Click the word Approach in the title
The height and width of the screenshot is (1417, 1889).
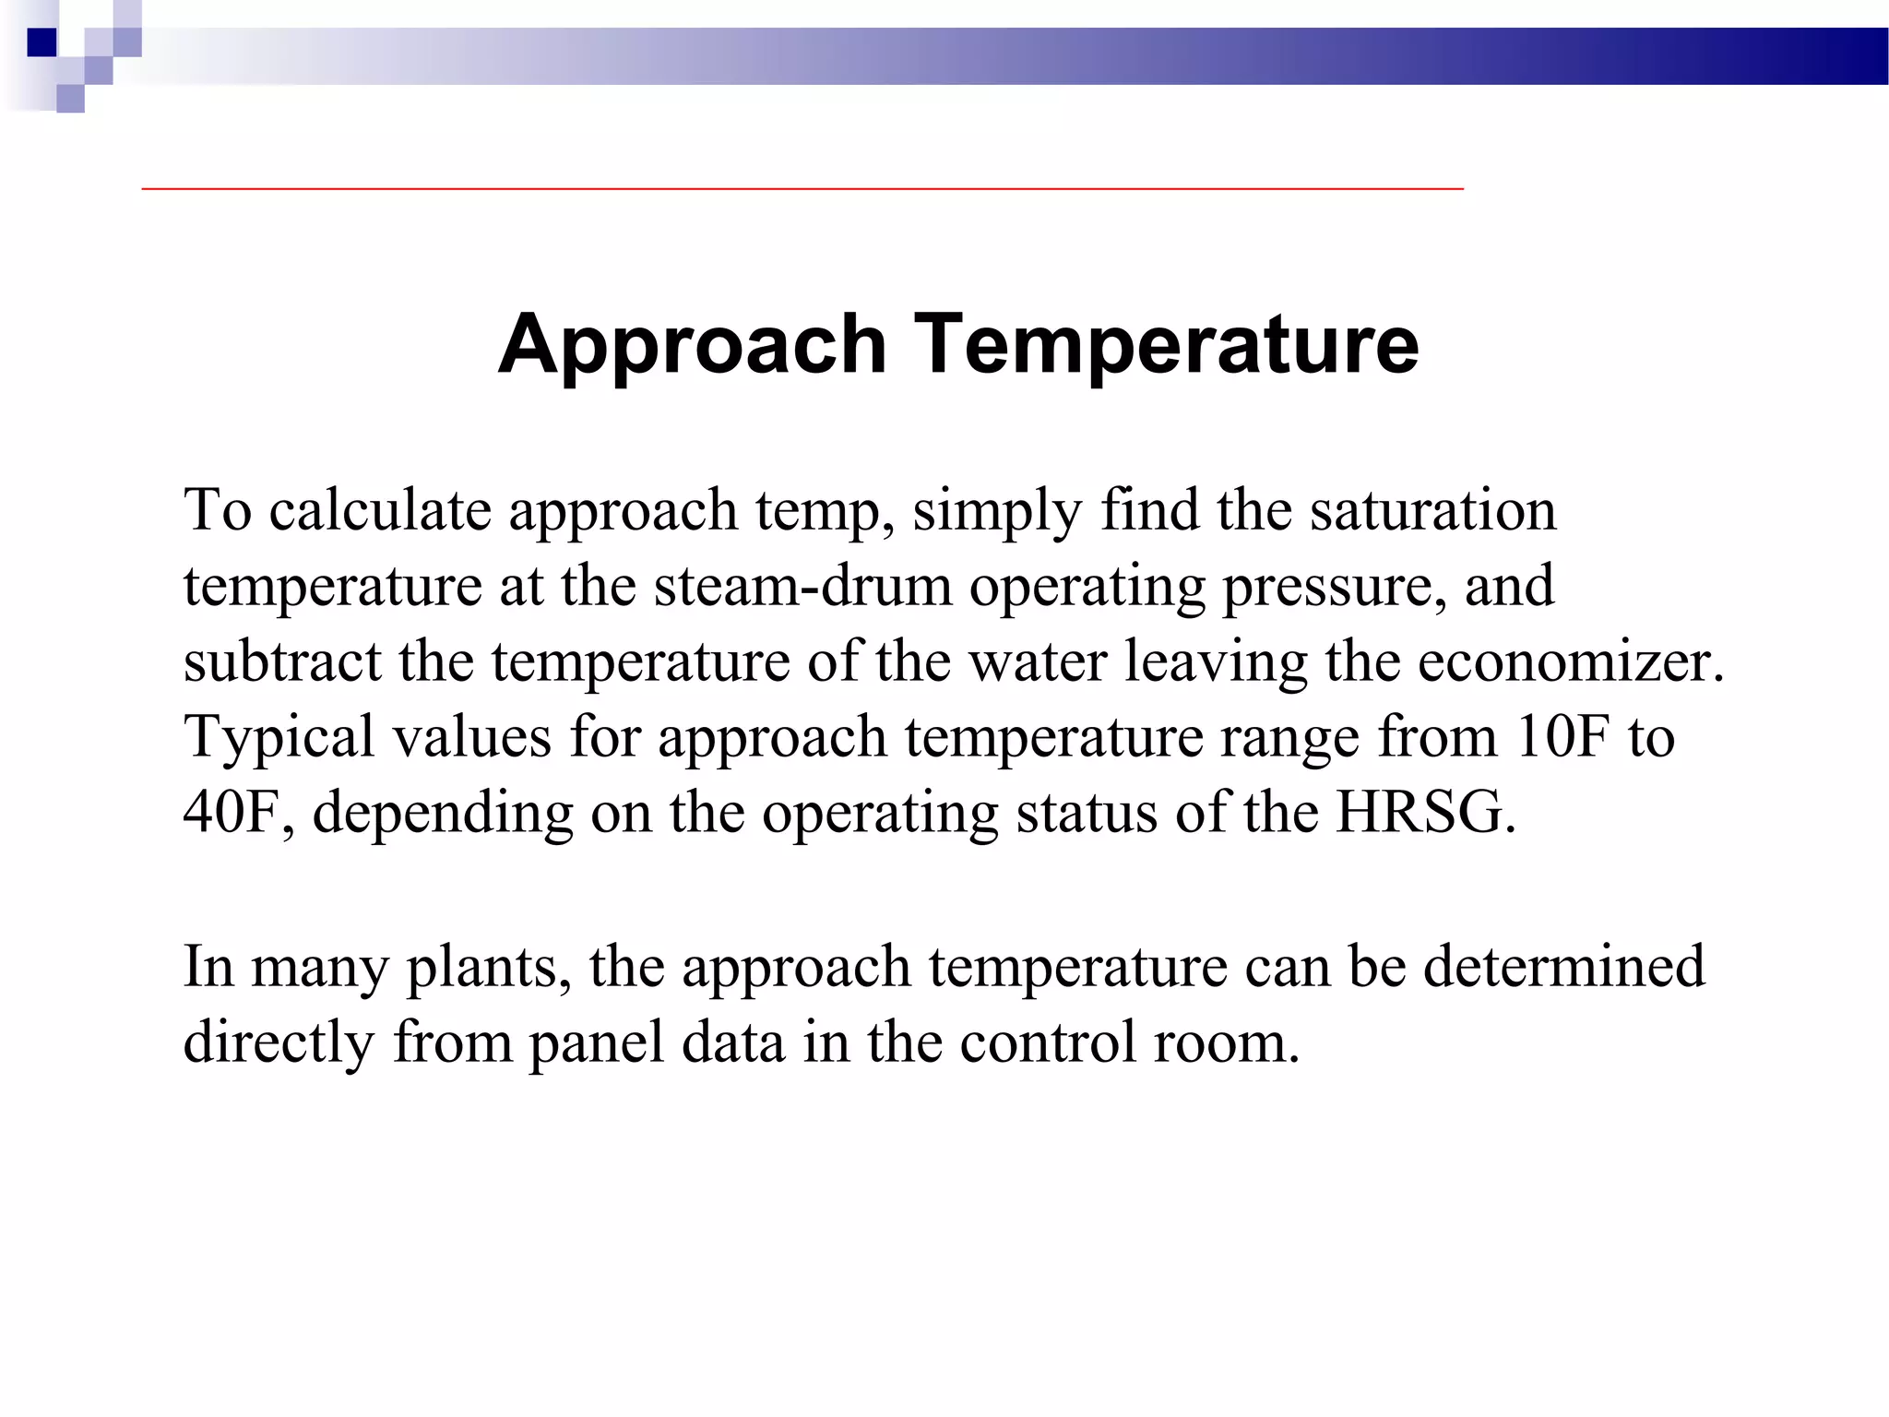692,345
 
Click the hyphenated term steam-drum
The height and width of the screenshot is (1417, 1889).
802,586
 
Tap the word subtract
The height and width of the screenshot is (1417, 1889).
282,661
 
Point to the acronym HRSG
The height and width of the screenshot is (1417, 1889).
1425,813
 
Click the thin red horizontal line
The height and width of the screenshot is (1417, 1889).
802,188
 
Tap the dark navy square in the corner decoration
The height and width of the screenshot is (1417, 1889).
42,42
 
